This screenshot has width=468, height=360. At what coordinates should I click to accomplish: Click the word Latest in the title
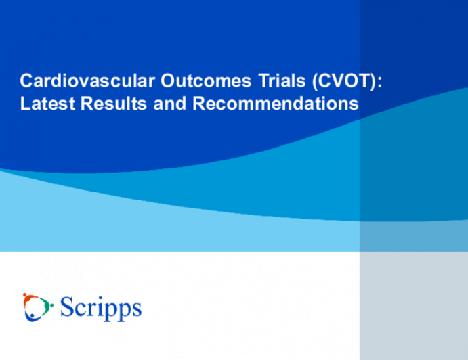tap(47, 105)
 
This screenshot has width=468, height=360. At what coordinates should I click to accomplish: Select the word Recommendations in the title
tap(275, 105)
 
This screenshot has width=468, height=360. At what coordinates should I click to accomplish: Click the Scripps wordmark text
tap(101, 309)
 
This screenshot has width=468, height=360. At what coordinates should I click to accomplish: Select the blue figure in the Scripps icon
tap(34, 315)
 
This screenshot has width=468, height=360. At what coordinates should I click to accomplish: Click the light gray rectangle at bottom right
tap(413, 306)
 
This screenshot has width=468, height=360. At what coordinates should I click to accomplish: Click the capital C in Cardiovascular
tap(26, 82)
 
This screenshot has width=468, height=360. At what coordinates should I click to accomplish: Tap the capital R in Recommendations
tap(199, 105)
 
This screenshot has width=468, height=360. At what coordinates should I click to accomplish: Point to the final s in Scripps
tap(137, 310)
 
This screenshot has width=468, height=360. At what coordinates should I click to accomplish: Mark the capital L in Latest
tap(24, 105)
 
